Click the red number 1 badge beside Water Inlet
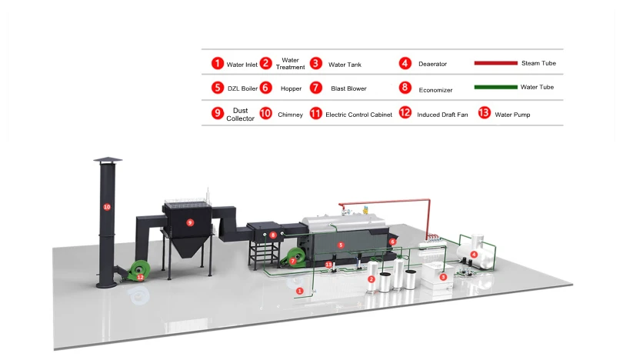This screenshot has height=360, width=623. point(218,64)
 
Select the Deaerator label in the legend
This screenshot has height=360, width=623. point(433,64)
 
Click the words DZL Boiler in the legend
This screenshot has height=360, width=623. point(242,88)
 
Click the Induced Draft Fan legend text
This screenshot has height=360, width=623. point(441,115)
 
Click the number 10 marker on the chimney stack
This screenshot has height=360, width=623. point(107,207)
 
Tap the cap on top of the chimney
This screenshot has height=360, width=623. point(107,160)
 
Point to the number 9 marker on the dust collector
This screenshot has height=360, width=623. point(191,223)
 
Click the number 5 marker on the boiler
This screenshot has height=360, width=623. point(341,245)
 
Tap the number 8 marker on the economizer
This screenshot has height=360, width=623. point(273,235)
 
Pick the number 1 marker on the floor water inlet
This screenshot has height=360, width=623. point(300,292)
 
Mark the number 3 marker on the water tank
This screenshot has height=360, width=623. point(442,275)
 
